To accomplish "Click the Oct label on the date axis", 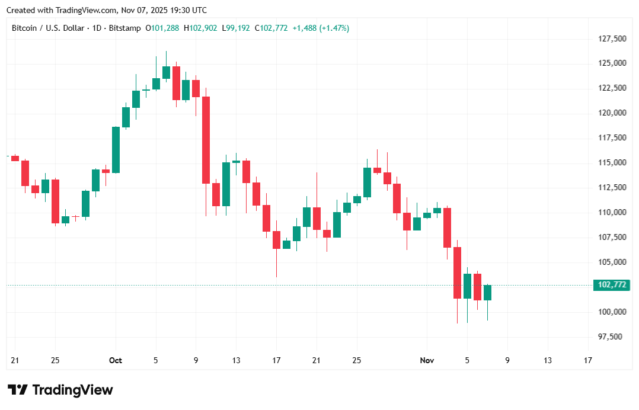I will tap(116, 360).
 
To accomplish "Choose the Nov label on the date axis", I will tap(427, 360).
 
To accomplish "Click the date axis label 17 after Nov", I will tap(587, 360).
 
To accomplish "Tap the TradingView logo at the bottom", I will tap(60, 390).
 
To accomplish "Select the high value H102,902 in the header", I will tap(200, 28).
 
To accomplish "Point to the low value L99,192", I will tap(236, 28).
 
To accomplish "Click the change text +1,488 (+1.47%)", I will tap(321, 28).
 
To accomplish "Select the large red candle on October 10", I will tap(206, 140).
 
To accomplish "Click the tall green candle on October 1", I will tap(116, 150).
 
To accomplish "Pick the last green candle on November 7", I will tap(487, 293).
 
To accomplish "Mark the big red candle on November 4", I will tap(457, 273).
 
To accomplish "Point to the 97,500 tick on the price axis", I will tap(610, 337).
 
